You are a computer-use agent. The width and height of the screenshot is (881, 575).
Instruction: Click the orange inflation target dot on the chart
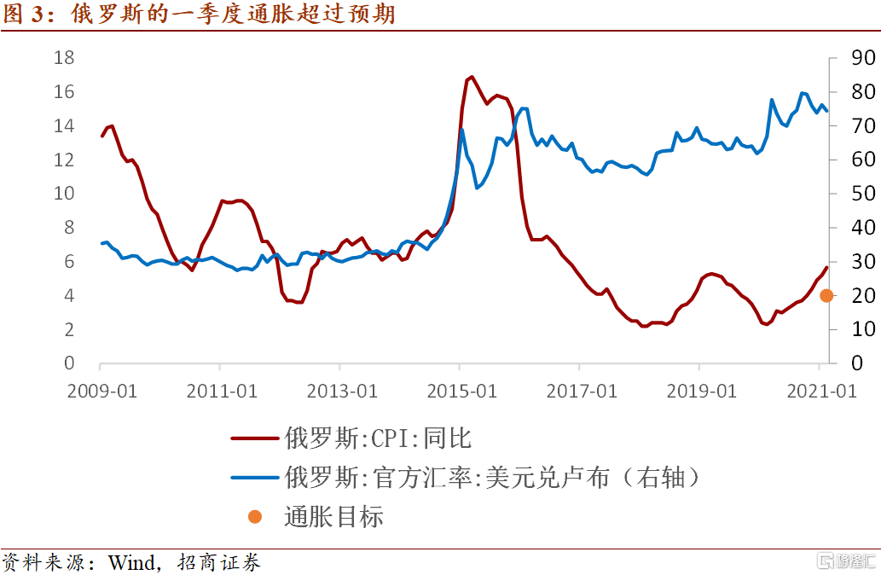[x=826, y=295]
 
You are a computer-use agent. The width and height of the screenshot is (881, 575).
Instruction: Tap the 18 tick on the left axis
[x=64, y=58]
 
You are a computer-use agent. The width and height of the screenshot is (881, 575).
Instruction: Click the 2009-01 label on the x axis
[x=101, y=391]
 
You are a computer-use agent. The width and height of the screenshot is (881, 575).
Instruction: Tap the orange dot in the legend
[x=255, y=516]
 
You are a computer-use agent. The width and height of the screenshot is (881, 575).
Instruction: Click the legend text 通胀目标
[x=333, y=516]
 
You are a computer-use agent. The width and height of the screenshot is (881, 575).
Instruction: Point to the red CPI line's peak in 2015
[x=472, y=77]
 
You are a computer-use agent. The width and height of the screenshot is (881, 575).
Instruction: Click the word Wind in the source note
[x=133, y=562]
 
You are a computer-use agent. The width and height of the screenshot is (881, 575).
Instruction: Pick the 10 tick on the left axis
[x=64, y=194]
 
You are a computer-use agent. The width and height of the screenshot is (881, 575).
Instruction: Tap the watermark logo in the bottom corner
[x=845, y=560]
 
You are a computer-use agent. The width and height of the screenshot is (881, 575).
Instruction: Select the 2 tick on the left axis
[x=68, y=329]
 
